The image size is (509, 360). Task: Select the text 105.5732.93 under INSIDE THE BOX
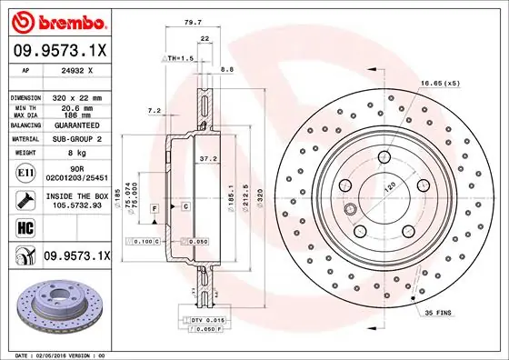[76, 205]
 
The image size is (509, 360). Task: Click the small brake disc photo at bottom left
[58, 309]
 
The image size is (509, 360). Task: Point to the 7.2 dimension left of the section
[154, 111]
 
